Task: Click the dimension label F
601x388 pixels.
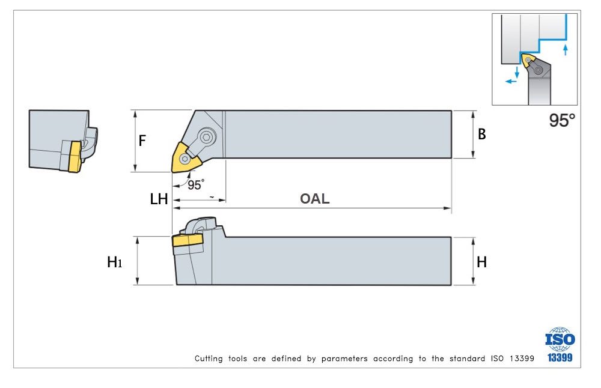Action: pos(142,141)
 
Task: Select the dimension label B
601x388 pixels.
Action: pos(481,135)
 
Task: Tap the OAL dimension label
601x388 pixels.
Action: pos(315,199)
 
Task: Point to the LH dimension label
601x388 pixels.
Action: pos(159,199)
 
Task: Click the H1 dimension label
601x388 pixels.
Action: pos(114,262)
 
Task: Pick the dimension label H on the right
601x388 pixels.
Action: pos(481,262)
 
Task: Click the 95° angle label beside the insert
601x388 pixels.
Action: pos(195,184)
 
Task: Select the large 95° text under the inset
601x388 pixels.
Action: pos(562,120)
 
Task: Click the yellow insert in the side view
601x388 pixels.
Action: pos(188,240)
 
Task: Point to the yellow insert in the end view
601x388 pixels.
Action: pos(75,156)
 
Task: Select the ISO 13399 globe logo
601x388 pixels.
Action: pos(560,344)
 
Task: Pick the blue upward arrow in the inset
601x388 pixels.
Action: pos(565,49)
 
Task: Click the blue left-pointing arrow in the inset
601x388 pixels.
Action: pos(510,80)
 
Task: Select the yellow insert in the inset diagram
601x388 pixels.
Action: pos(528,60)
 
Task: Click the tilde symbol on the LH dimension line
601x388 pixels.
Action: pos(211,196)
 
